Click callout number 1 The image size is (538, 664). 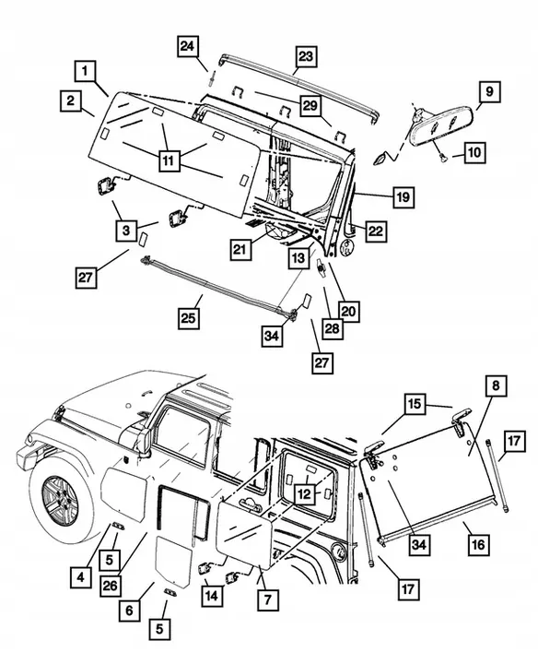85,70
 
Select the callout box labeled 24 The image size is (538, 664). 188,46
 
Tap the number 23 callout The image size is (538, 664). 305,57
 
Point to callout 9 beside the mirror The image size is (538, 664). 489,91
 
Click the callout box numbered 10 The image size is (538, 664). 475,151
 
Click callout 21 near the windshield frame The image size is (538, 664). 240,249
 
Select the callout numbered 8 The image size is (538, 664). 495,386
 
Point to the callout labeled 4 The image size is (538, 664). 82,578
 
